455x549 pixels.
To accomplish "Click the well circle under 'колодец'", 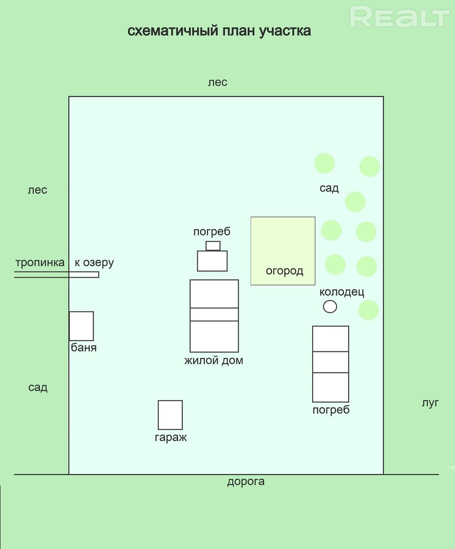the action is click(x=330, y=306).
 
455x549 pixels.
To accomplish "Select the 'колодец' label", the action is click(x=342, y=292).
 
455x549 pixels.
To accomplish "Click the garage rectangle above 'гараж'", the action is click(x=170, y=415).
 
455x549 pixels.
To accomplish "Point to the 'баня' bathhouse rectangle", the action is click(x=81, y=326).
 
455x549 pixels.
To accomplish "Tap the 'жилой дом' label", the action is click(x=214, y=361).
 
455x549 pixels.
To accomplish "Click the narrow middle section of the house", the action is click(x=214, y=314).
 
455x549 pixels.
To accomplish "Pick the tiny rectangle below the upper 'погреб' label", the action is click(x=213, y=246).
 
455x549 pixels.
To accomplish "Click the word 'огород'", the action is click(x=284, y=271).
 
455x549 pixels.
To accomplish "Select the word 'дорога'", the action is click(x=246, y=482).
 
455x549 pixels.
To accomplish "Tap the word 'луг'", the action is click(x=430, y=403).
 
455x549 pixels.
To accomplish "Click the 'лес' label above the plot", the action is click(x=218, y=82).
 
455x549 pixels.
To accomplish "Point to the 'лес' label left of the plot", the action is click(x=37, y=190).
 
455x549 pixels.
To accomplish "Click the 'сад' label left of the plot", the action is click(x=38, y=387).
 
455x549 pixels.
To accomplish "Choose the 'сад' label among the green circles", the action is click(x=329, y=188).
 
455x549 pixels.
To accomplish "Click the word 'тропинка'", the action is click(x=40, y=263).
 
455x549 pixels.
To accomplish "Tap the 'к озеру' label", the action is click(x=94, y=263).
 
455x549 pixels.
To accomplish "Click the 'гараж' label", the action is click(x=171, y=438).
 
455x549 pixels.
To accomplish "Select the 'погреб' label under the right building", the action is click(x=331, y=410).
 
